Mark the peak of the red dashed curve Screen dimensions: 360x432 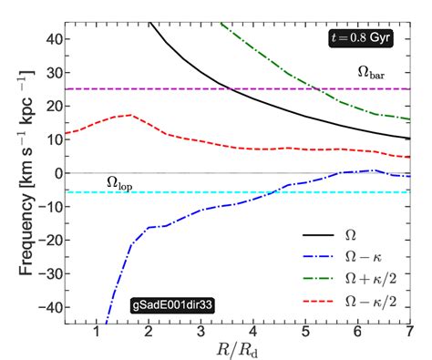coord(133,116)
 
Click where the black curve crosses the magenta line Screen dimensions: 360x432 coord(231,89)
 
